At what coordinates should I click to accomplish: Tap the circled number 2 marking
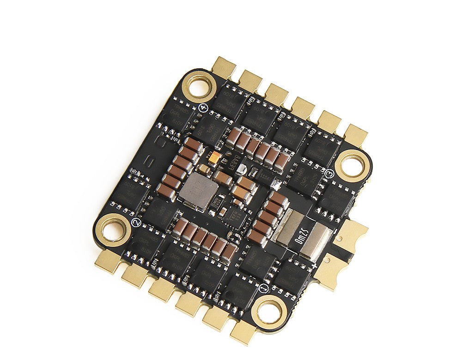(136, 222)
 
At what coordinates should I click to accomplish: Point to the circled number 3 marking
(329, 174)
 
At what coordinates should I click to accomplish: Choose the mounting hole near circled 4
(199, 86)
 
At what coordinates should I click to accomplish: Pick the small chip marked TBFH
(235, 215)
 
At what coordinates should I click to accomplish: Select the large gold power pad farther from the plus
(352, 232)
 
